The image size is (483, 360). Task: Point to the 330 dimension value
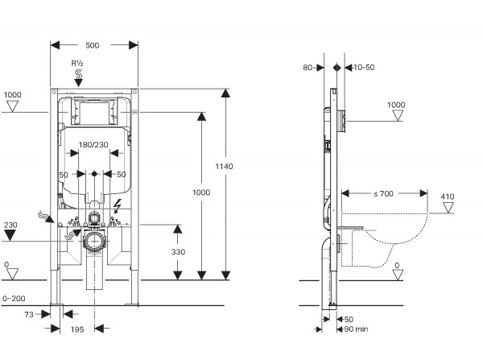click(x=179, y=251)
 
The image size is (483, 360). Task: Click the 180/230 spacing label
click(x=94, y=145)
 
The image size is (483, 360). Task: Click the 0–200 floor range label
click(x=15, y=299)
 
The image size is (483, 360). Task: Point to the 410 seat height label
click(x=448, y=197)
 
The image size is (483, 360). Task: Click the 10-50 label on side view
click(x=364, y=68)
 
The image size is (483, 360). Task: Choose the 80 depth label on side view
click(x=308, y=68)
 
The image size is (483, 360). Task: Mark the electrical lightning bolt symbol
click(x=118, y=205)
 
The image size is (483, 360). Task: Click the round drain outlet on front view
click(x=95, y=241)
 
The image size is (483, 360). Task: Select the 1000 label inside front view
click(x=201, y=192)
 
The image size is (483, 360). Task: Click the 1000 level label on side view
click(x=396, y=105)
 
